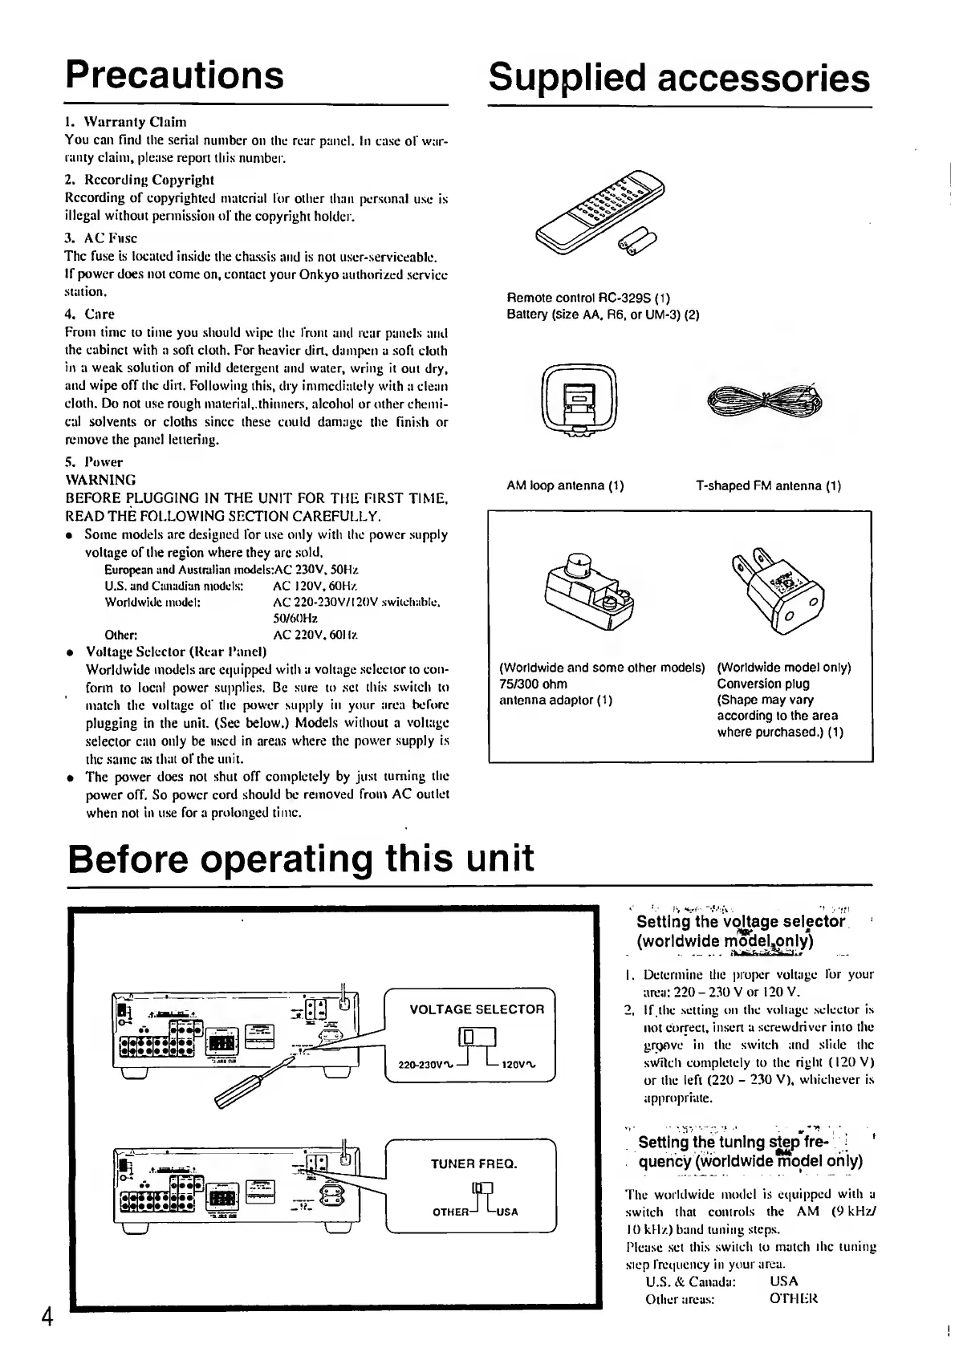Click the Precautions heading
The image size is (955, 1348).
[175, 75]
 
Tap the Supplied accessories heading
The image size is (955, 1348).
[678, 78]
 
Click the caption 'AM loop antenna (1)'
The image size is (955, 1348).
[565, 485]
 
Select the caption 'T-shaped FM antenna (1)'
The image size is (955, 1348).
[768, 485]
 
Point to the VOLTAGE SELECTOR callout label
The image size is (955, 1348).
[477, 1009]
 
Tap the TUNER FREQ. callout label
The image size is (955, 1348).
[473, 1163]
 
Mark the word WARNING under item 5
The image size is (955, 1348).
[100, 480]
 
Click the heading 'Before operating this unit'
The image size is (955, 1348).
[301, 856]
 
